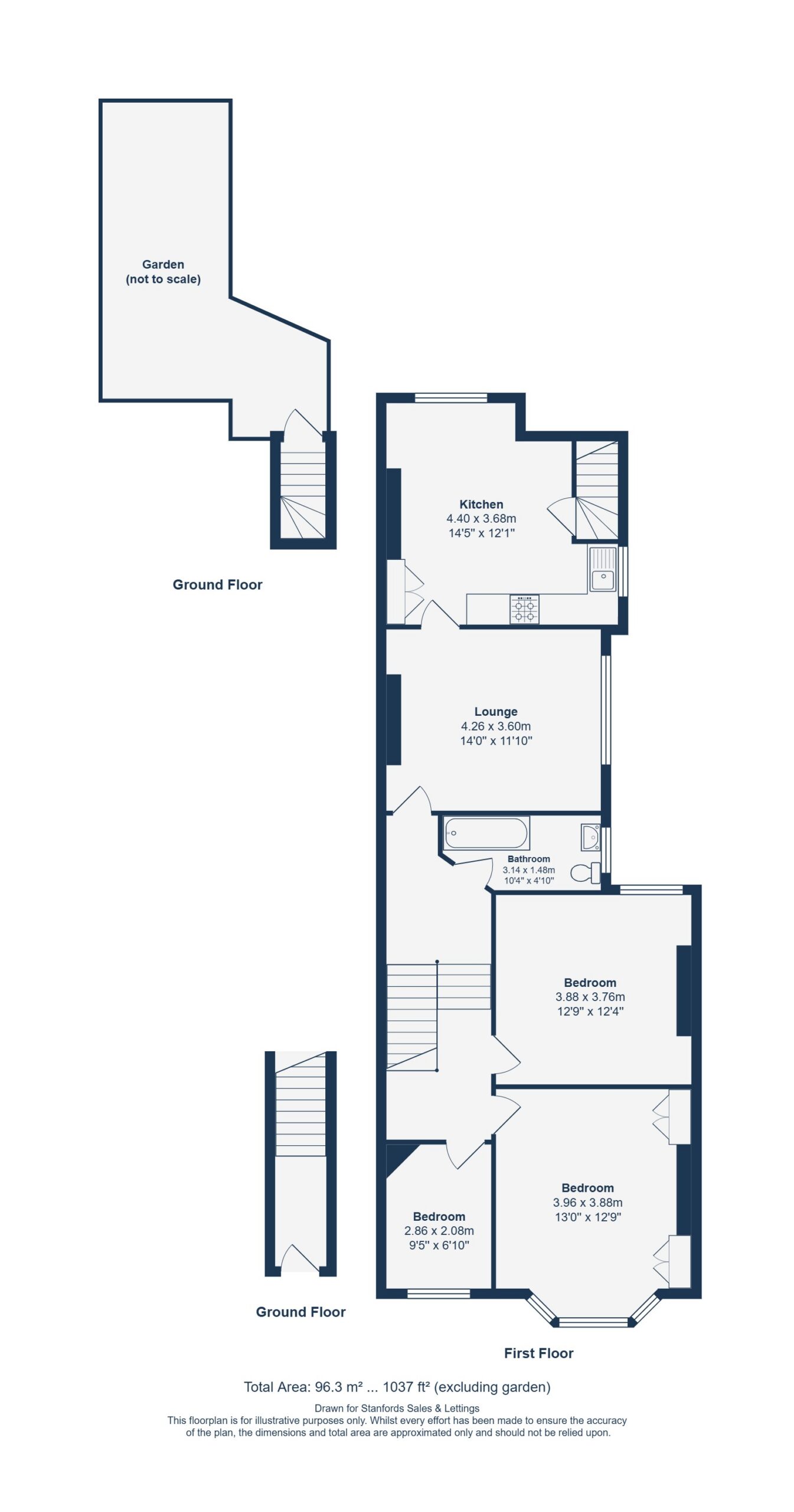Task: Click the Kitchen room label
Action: point(481,504)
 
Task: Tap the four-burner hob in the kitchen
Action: point(524,610)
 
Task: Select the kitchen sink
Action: point(603,568)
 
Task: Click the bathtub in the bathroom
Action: point(486,833)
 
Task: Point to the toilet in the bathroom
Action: point(585,873)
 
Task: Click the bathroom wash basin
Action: point(590,837)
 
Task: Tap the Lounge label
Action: point(496,712)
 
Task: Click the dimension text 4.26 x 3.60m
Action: point(496,726)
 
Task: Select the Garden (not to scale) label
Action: point(163,272)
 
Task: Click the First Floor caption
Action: point(538,1353)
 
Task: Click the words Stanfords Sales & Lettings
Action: point(420,1409)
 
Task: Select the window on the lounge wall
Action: point(606,710)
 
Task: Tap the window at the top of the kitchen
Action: point(451,397)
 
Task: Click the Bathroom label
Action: point(528,859)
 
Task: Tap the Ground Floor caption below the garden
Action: point(217,585)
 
